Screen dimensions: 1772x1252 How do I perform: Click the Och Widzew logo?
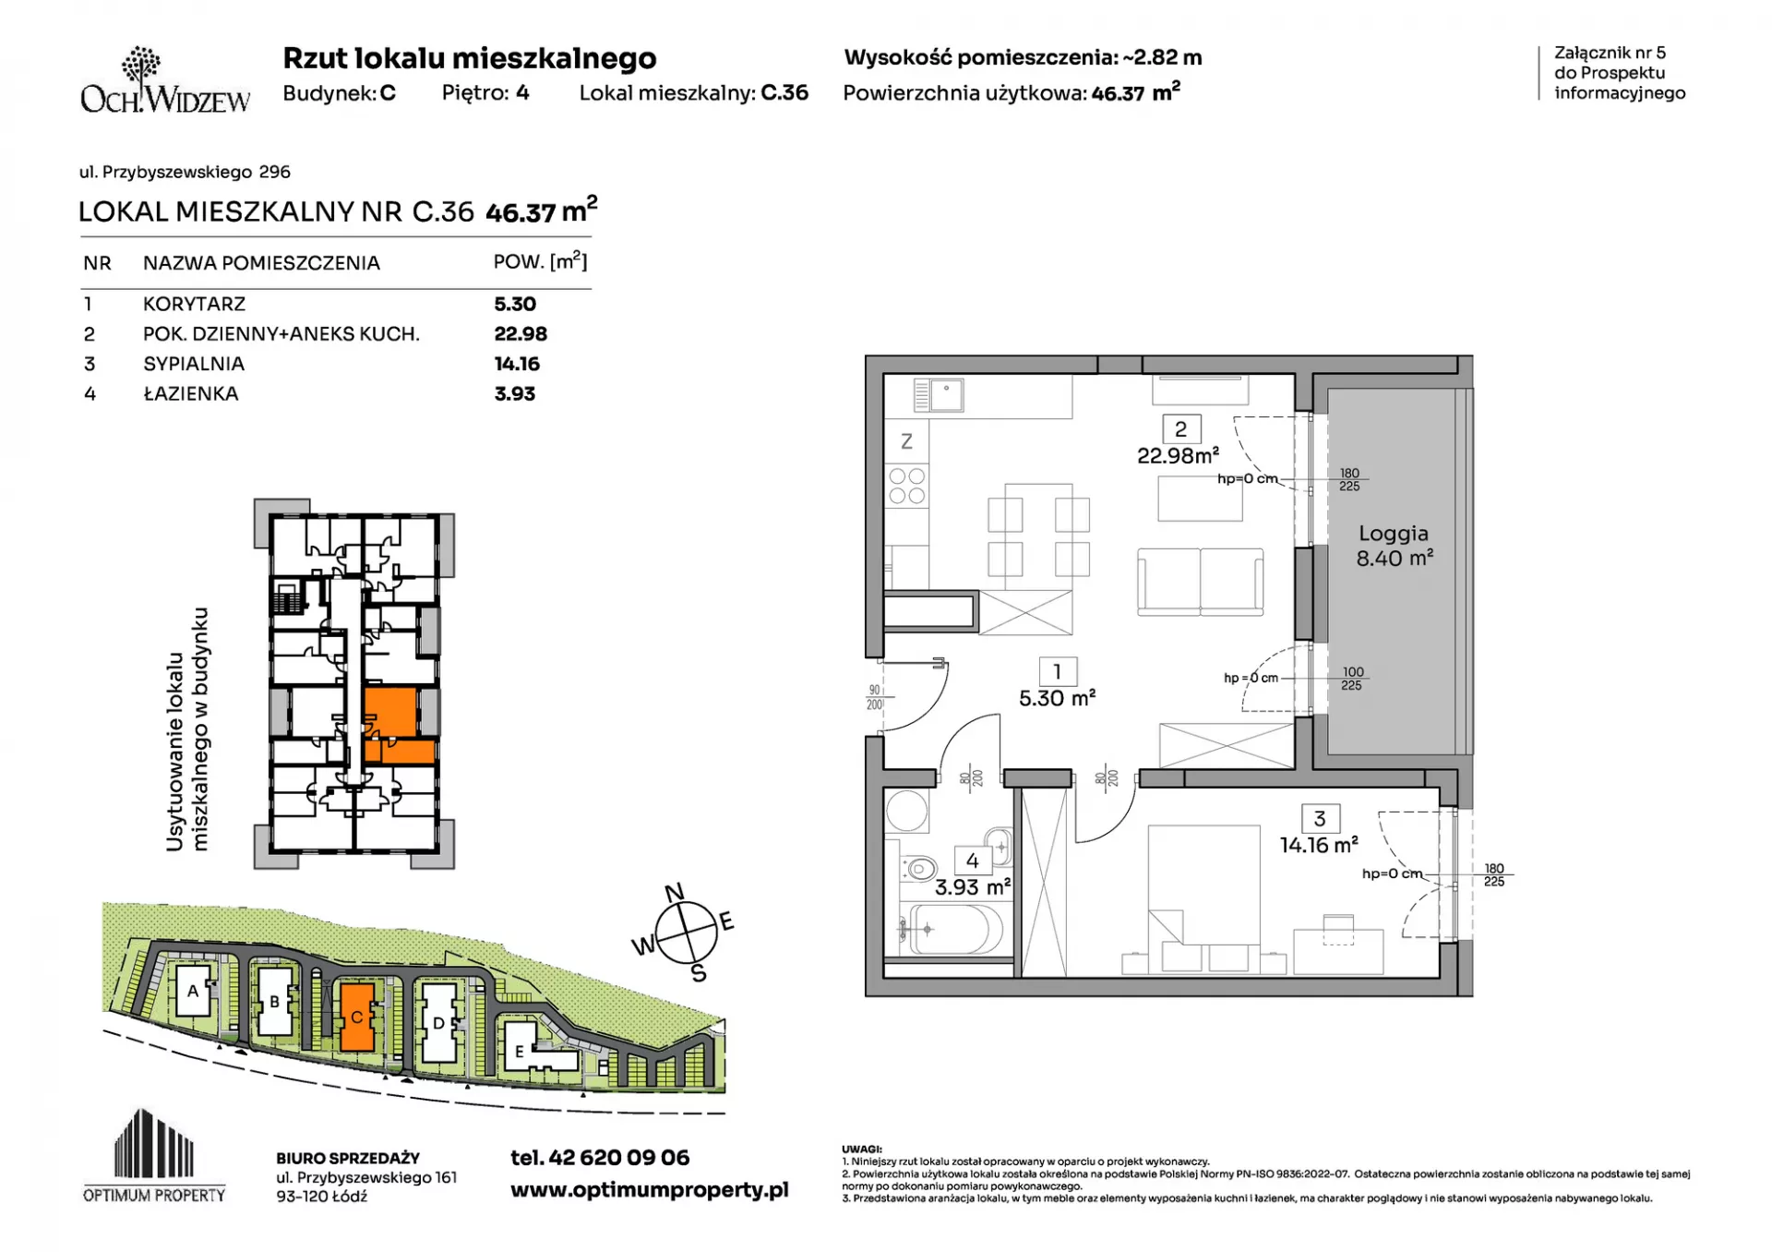coord(165,81)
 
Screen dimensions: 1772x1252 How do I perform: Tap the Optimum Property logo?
coord(154,1155)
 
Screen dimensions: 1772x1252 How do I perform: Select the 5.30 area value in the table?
coord(515,304)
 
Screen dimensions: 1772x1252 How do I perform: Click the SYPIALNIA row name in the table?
coord(194,364)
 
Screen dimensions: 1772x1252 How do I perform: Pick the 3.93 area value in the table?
coord(515,393)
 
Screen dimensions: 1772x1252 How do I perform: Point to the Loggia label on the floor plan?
coord(1394,534)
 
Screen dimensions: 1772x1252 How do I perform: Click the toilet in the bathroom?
coord(918,868)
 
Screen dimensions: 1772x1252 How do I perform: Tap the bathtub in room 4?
coord(952,929)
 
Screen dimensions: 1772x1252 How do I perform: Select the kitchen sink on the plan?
coord(939,396)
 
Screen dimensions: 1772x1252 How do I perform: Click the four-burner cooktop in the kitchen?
coord(906,486)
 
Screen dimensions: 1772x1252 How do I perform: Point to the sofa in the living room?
coord(1201,581)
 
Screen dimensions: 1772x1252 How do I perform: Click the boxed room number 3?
coord(1320,818)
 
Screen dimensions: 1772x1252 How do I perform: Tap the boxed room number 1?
coord(1058,671)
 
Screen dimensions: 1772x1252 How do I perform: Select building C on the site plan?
coord(357,1017)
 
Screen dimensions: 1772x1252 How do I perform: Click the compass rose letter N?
coord(675,892)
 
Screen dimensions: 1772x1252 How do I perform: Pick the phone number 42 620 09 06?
coord(619,1157)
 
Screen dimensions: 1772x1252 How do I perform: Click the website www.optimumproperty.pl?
coord(650,1190)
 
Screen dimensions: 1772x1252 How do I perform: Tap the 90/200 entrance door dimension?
coord(874,697)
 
